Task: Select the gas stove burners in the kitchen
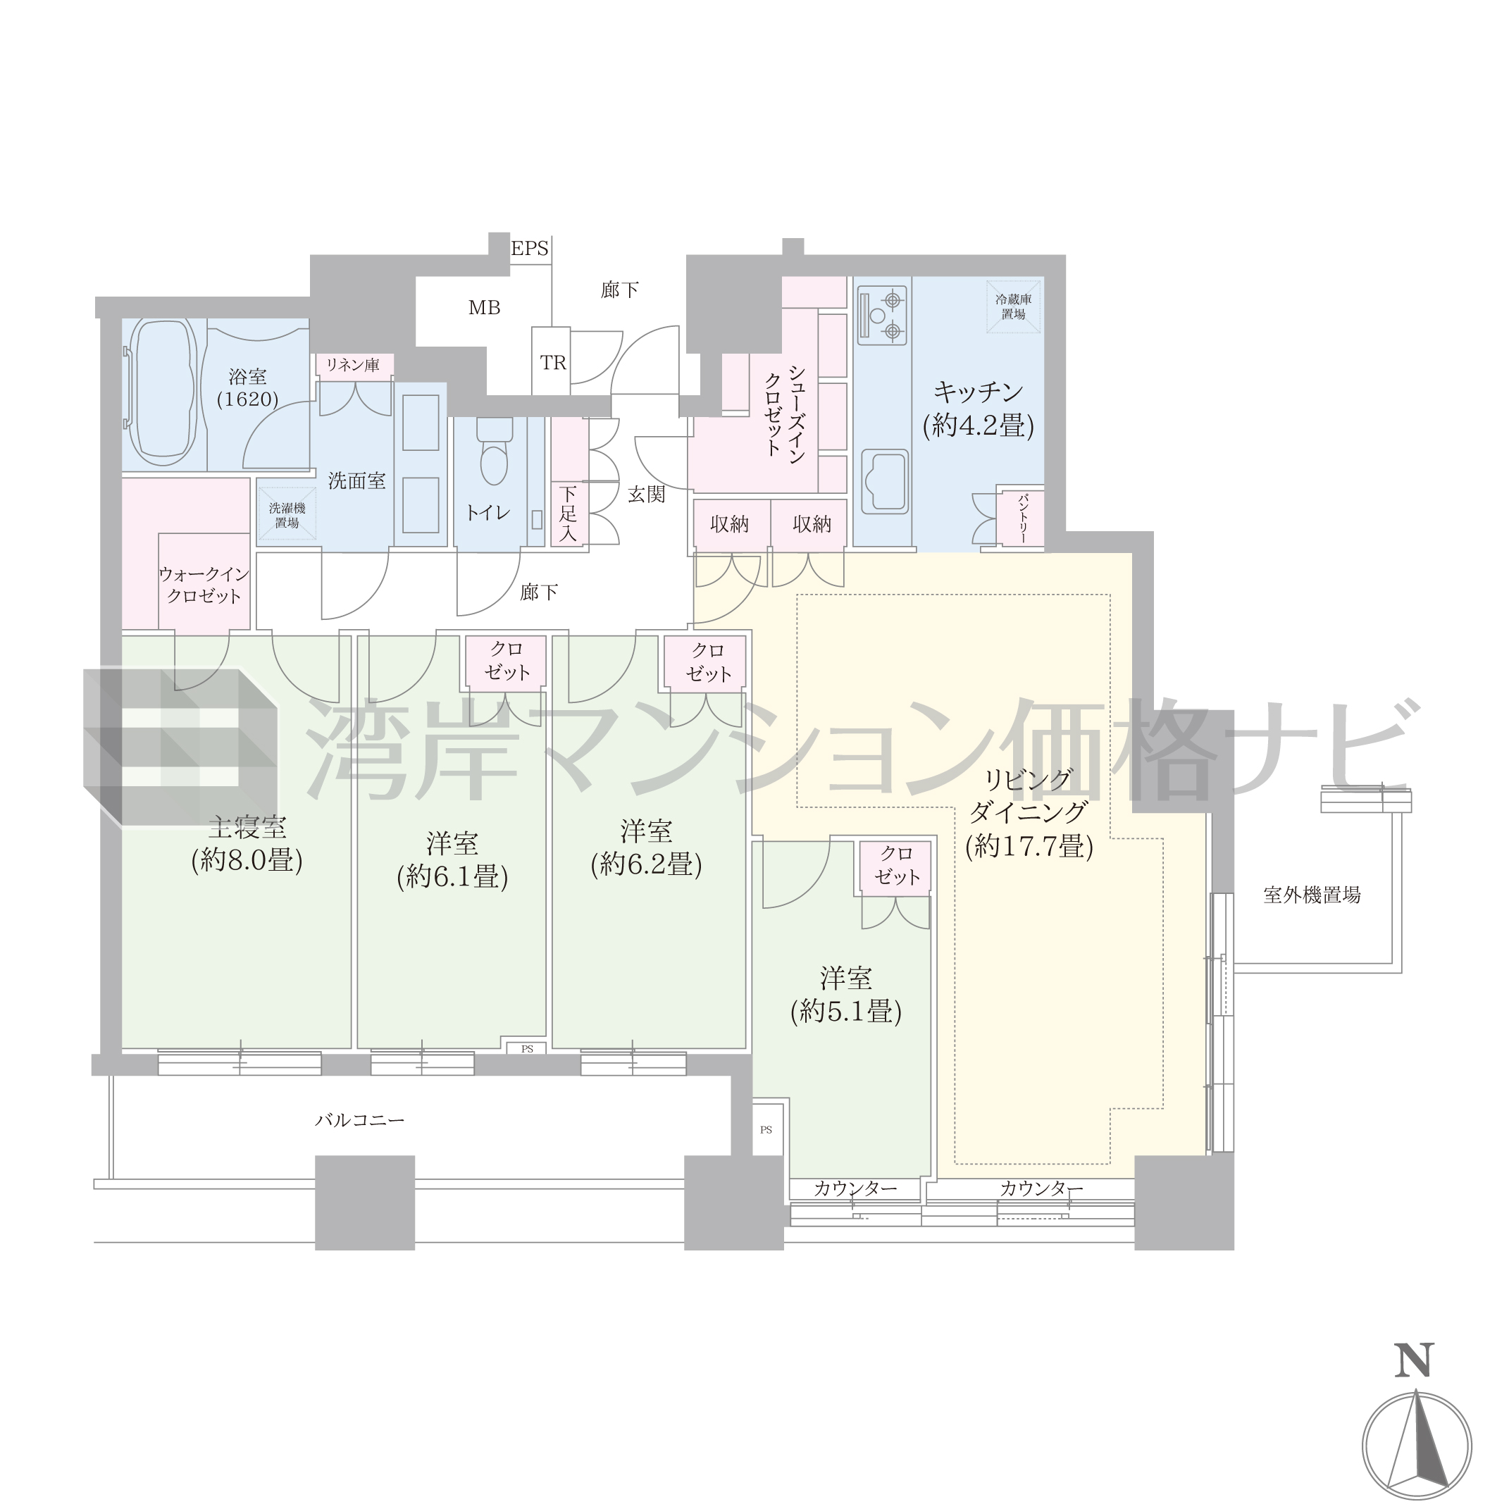coord(883,316)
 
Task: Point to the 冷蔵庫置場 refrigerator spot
coord(1013,307)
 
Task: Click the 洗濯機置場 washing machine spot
coord(287,515)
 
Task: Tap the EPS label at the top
coord(530,249)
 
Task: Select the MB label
coord(484,308)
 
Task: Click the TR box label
coord(553,364)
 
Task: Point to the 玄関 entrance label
coord(647,494)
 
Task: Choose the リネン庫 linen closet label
coord(352,365)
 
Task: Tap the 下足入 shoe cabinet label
coord(568,513)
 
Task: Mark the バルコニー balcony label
coord(360,1120)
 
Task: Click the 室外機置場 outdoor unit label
coord(1312,895)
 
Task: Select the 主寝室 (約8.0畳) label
coord(247,844)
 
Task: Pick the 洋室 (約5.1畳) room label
coord(846,996)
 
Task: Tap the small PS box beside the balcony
coord(766,1129)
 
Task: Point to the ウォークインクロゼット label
coord(204,585)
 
